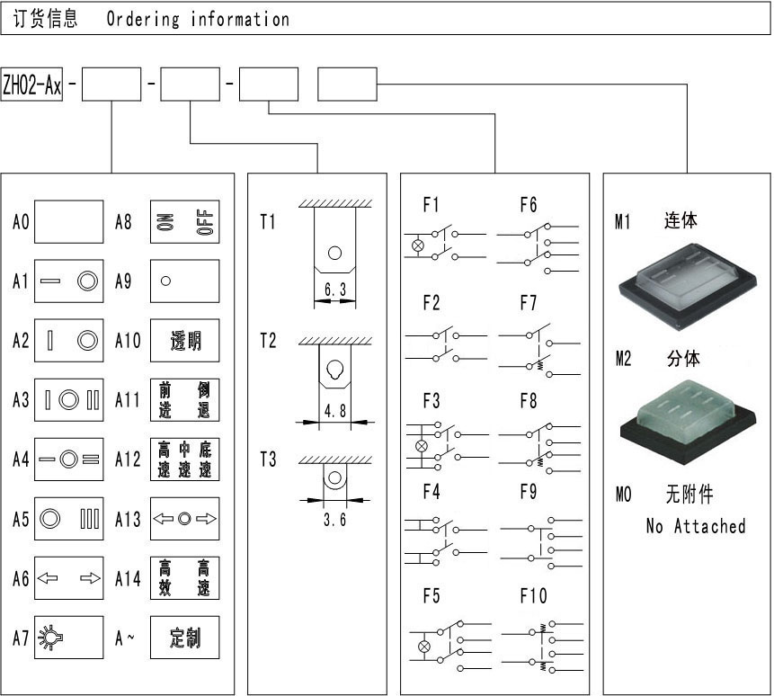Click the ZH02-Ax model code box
click(x=31, y=85)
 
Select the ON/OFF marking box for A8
click(x=184, y=221)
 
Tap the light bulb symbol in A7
click(x=51, y=638)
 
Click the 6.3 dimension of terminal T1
click(x=335, y=290)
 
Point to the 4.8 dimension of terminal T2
click(x=335, y=410)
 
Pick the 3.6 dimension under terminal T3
click(x=334, y=519)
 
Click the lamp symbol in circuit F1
click(x=418, y=245)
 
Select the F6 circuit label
click(x=529, y=204)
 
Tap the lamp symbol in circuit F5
click(x=424, y=647)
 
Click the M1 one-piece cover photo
click(x=688, y=286)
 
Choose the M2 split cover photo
click(x=688, y=421)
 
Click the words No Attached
click(x=696, y=526)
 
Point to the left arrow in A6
click(x=48, y=578)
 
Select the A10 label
click(x=128, y=340)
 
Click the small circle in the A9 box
click(x=165, y=281)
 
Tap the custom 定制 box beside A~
click(x=184, y=638)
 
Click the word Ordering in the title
click(x=143, y=19)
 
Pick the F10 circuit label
click(x=534, y=596)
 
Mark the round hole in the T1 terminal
click(x=334, y=254)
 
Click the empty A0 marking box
click(x=68, y=221)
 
